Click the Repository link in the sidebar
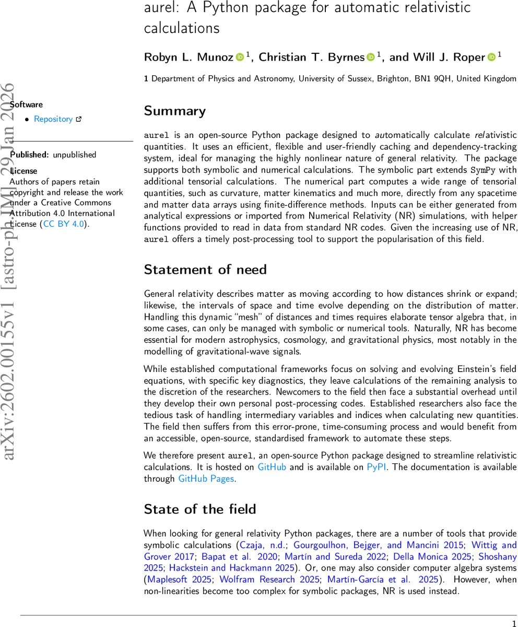click(53, 119)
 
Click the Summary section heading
click(175, 111)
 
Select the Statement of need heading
click(205, 270)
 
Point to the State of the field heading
click(200, 509)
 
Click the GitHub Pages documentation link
click(206, 478)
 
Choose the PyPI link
click(376, 467)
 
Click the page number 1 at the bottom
click(514, 622)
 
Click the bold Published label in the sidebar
click(30, 155)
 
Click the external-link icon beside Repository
click(79, 119)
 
